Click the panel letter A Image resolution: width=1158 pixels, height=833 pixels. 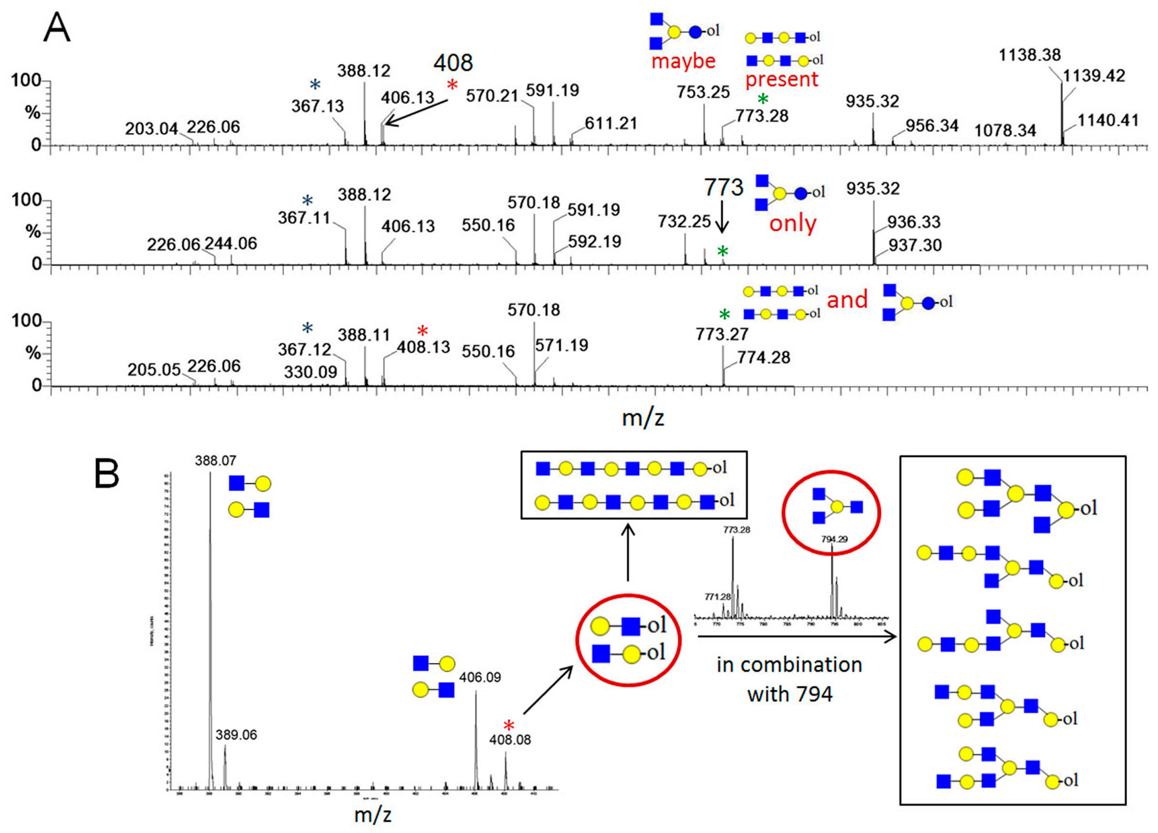pos(57,28)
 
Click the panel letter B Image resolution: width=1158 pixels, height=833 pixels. pos(107,474)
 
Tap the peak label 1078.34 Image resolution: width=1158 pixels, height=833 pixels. pos(1005,131)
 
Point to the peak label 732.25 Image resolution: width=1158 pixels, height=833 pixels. pos(684,222)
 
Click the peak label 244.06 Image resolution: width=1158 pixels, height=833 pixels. pos(231,243)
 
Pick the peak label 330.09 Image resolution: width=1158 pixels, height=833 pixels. pos(310,372)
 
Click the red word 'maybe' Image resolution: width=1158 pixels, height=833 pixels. pos(683,61)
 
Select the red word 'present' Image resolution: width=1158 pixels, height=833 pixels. pos(782,80)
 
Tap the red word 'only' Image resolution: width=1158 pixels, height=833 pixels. pos(792,224)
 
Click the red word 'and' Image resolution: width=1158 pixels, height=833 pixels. pos(847,300)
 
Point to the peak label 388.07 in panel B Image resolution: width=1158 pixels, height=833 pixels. pos(216,461)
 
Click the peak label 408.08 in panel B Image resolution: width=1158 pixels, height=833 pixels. pos(510,739)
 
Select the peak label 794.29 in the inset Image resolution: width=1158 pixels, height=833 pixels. pos(834,538)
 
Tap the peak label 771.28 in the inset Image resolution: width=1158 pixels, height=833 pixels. pos(718,597)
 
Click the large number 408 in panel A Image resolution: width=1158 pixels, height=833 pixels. pos(453,63)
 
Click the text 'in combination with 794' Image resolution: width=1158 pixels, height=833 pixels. pos(789,679)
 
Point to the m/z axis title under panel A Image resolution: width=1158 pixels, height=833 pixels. pos(643,418)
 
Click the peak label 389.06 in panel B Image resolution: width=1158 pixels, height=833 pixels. pos(236,735)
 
